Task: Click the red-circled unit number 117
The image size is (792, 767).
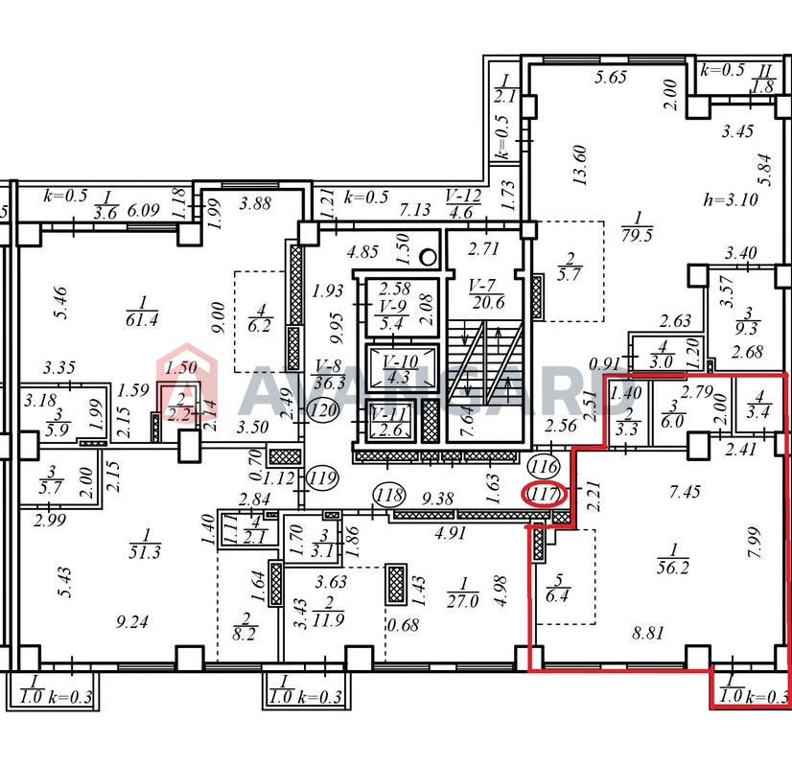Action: tap(543, 494)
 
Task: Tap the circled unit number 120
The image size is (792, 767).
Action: tap(324, 410)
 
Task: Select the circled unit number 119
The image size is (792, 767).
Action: tap(323, 477)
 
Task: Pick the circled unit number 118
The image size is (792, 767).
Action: tap(389, 495)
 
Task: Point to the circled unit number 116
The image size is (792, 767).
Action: tap(544, 466)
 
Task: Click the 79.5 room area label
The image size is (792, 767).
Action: tap(637, 226)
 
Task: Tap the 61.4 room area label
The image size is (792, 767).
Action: tap(142, 312)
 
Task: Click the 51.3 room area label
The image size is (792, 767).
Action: tap(145, 544)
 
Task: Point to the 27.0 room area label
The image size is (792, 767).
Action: tap(463, 593)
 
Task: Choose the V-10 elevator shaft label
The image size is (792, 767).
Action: tap(400, 369)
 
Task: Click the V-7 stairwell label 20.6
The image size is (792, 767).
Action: tap(487, 294)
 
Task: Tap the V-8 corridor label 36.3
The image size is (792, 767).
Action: tap(329, 374)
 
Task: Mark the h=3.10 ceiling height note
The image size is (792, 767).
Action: tap(731, 200)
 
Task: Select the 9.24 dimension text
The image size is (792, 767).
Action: tap(132, 621)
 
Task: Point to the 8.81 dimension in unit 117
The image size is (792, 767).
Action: tap(648, 633)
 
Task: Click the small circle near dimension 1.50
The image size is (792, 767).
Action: tap(429, 258)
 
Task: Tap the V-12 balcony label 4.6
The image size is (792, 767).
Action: tap(463, 203)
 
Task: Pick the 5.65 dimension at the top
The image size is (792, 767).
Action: tap(611, 77)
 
